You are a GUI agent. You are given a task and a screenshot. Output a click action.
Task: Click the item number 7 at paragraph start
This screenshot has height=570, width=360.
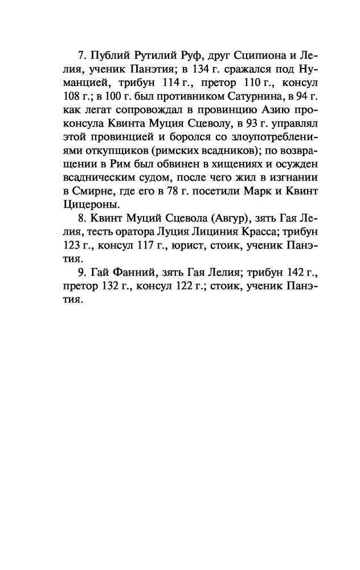[x=80, y=56]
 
